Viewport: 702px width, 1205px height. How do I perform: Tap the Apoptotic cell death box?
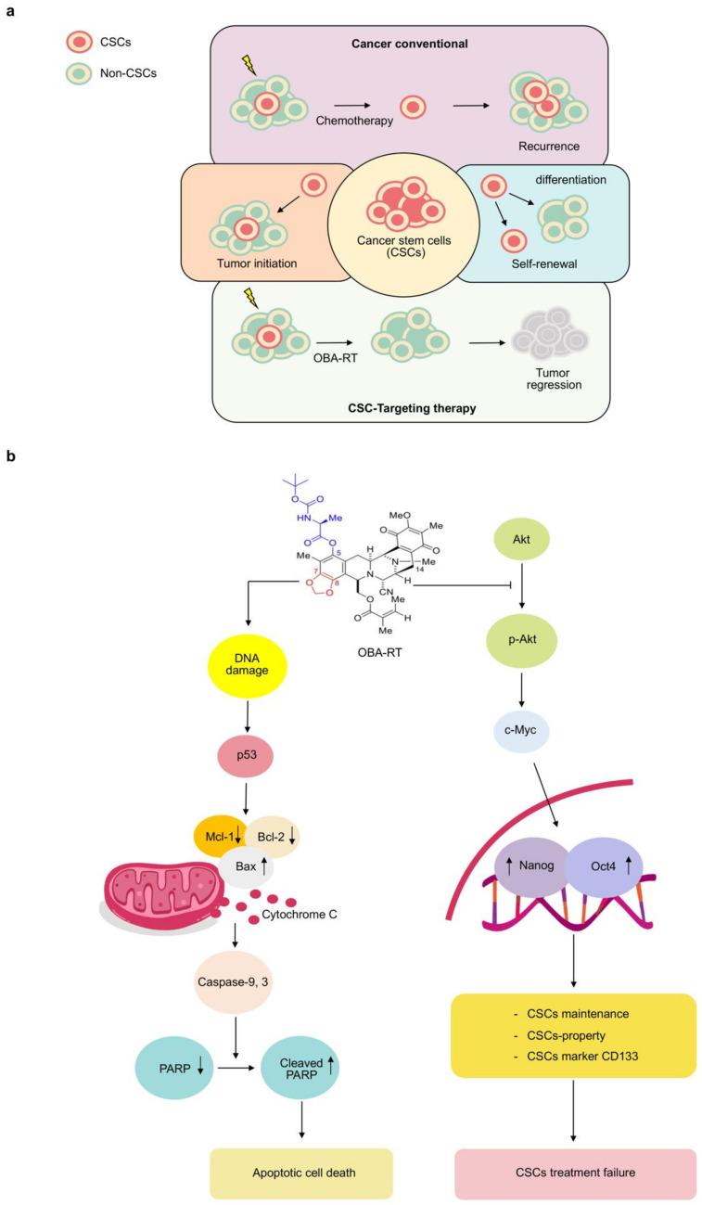tap(301, 1173)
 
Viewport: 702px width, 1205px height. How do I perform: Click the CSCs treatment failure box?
tap(575, 1173)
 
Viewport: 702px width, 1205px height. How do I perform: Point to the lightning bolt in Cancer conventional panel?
tap(249, 63)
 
